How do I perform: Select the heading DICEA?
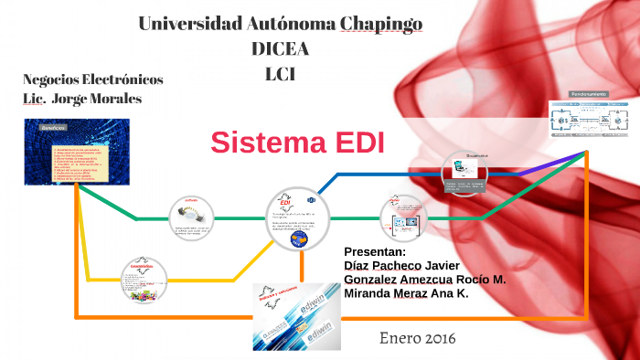[280, 49]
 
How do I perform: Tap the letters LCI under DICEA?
[279, 74]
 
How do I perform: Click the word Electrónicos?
[123, 79]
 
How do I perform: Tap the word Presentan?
[374, 252]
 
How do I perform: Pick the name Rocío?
[470, 280]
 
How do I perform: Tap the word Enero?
[396, 338]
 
